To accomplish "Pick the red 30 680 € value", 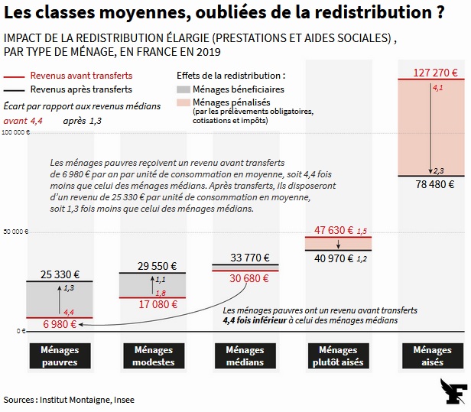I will (245, 278).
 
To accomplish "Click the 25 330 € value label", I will (60, 274).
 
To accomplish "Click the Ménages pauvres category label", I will (59, 355).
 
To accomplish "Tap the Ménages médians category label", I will (245, 355).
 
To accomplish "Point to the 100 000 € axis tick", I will (15, 132).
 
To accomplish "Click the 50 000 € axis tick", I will (15, 232).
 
